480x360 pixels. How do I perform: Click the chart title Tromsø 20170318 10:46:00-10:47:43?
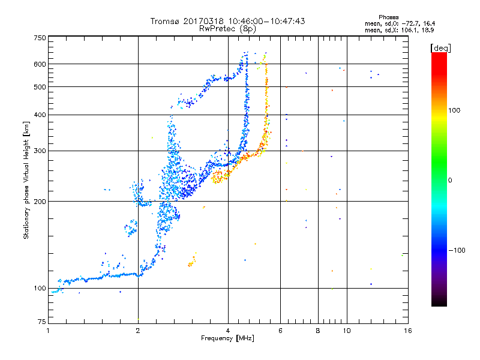tap(227, 21)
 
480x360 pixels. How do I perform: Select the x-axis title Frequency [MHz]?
tap(227, 338)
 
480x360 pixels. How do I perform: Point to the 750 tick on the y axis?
tap(40, 38)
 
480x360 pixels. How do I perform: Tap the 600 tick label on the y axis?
tap(40, 64)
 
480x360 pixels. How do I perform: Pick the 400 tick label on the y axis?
tap(40, 115)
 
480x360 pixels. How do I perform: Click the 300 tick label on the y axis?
tap(40, 151)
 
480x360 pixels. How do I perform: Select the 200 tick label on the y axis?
tap(40, 201)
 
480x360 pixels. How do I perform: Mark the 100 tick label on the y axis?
tap(40, 288)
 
